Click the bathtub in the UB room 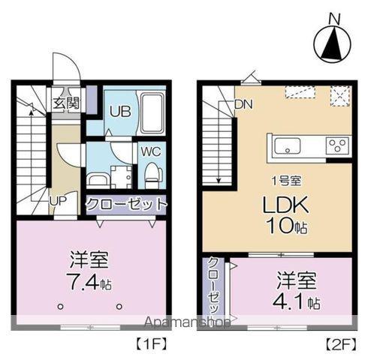click(152, 112)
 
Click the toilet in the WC click(152, 173)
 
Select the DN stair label click(244, 104)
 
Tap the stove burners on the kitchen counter click(336, 145)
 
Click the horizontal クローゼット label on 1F click(125, 204)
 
